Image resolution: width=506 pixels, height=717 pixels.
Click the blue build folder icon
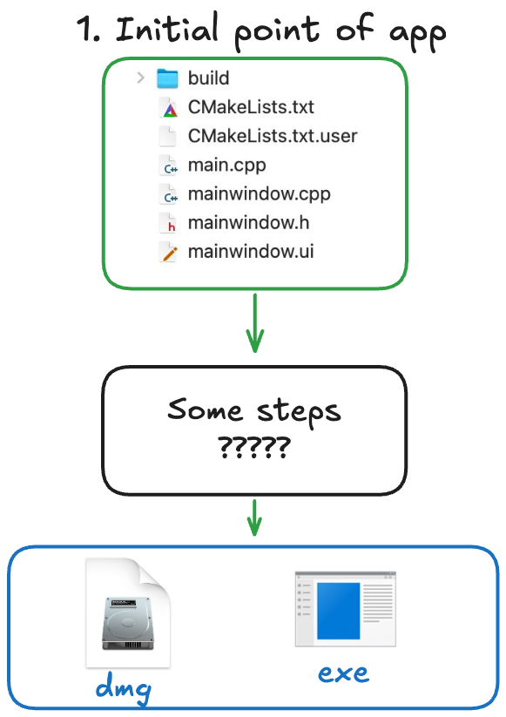(x=167, y=78)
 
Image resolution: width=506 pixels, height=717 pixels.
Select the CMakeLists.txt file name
(x=251, y=107)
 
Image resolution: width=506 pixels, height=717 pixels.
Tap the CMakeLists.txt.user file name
(x=273, y=136)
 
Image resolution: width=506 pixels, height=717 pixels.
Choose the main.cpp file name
(x=226, y=166)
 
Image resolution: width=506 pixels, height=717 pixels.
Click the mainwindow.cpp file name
(x=260, y=194)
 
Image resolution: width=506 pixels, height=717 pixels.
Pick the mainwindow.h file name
(x=249, y=223)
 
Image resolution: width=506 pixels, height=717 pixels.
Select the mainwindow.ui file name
(x=251, y=252)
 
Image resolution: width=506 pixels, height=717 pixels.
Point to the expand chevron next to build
(x=140, y=78)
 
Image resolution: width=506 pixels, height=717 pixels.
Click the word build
(x=208, y=78)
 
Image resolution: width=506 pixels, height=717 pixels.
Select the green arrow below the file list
(x=255, y=323)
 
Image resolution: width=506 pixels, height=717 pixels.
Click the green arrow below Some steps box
(x=254, y=517)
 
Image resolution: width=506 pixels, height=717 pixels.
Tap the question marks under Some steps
(x=254, y=447)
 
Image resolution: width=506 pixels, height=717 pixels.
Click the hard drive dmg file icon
(x=128, y=612)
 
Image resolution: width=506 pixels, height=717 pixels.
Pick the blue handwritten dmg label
(x=124, y=687)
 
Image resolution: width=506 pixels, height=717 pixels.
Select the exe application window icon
(x=346, y=609)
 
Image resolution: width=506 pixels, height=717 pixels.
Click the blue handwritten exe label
(x=343, y=673)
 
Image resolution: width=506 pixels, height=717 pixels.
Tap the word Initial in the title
(x=167, y=29)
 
